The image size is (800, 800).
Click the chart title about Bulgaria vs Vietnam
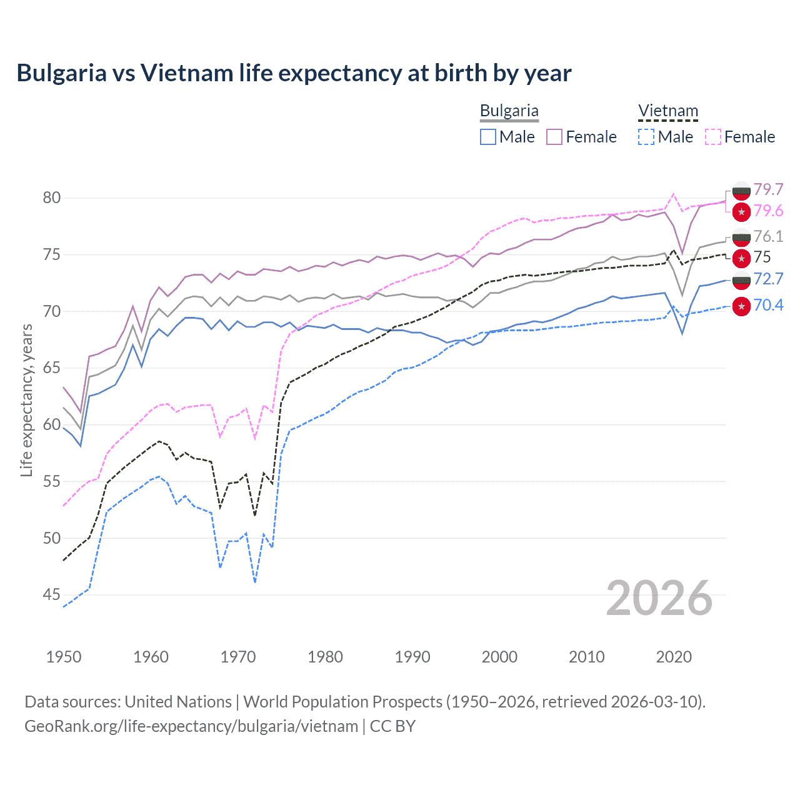[294, 73]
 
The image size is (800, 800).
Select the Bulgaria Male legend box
[488, 137]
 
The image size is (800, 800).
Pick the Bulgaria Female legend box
[554, 137]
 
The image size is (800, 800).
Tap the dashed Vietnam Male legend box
[646, 137]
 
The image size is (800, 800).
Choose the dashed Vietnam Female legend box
[713, 137]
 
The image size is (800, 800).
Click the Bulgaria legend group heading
[509, 111]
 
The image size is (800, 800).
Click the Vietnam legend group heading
[667, 111]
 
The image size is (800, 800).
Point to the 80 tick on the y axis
[52, 198]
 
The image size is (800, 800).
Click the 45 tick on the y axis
[52, 595]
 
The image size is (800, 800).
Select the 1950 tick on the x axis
[64, 657]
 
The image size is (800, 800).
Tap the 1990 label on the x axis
[412, 657]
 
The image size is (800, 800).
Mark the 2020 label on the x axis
[674, 657]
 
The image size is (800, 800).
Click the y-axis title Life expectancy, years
[26, 400]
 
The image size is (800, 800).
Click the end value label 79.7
[768, 189]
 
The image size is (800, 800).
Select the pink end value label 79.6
[768, 211]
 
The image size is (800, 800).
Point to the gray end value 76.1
[768, 236]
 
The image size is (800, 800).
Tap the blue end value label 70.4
[768, 305]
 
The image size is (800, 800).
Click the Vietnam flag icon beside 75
[741, 257]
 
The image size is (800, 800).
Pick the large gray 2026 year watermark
[659, 598]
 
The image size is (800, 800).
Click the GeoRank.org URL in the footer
[191, 726]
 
